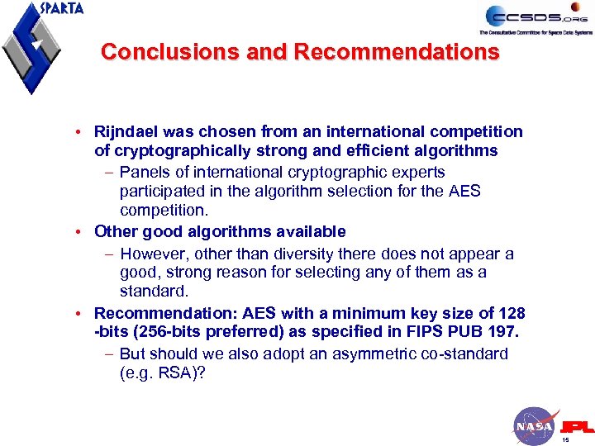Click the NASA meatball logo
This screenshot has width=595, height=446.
pyautogui.click(x=533, y=425)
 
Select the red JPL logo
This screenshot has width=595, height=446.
pyautogui.click(x=577, y=426)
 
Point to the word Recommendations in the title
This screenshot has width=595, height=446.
pyautogui.click(x=396, y=52)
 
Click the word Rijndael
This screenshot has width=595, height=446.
pyautogui.click(x=127, y=131)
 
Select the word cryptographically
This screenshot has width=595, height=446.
pyautogui.click(x=179, y=150)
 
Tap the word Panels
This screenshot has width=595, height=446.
pyautogui.click(x=143, y=172)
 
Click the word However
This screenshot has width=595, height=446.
pyautogui.click(x=154, y=253)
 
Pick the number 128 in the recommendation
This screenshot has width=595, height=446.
pyautogui.click(x=511, y=313)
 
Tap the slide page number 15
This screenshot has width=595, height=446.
pyautogui.click(x=565, y=440)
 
